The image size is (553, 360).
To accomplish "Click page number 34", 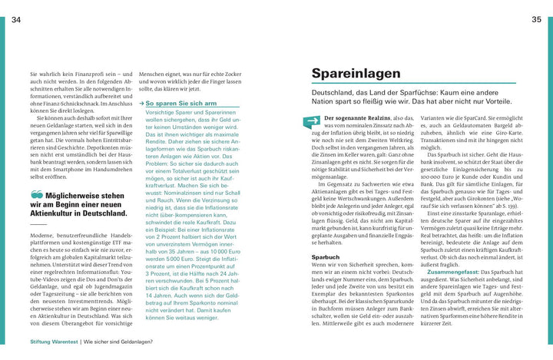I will click(x=16, y=20).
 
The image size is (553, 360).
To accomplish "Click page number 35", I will click(x=537, y=20).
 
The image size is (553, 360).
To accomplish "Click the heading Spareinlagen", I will click(x=356, y=74).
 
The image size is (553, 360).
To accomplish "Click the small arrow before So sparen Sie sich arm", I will click(x=142, y=103).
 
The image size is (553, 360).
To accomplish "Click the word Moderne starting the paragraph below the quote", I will click(x=41, y=235).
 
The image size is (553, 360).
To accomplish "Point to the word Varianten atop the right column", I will click(x=435, y=117).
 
